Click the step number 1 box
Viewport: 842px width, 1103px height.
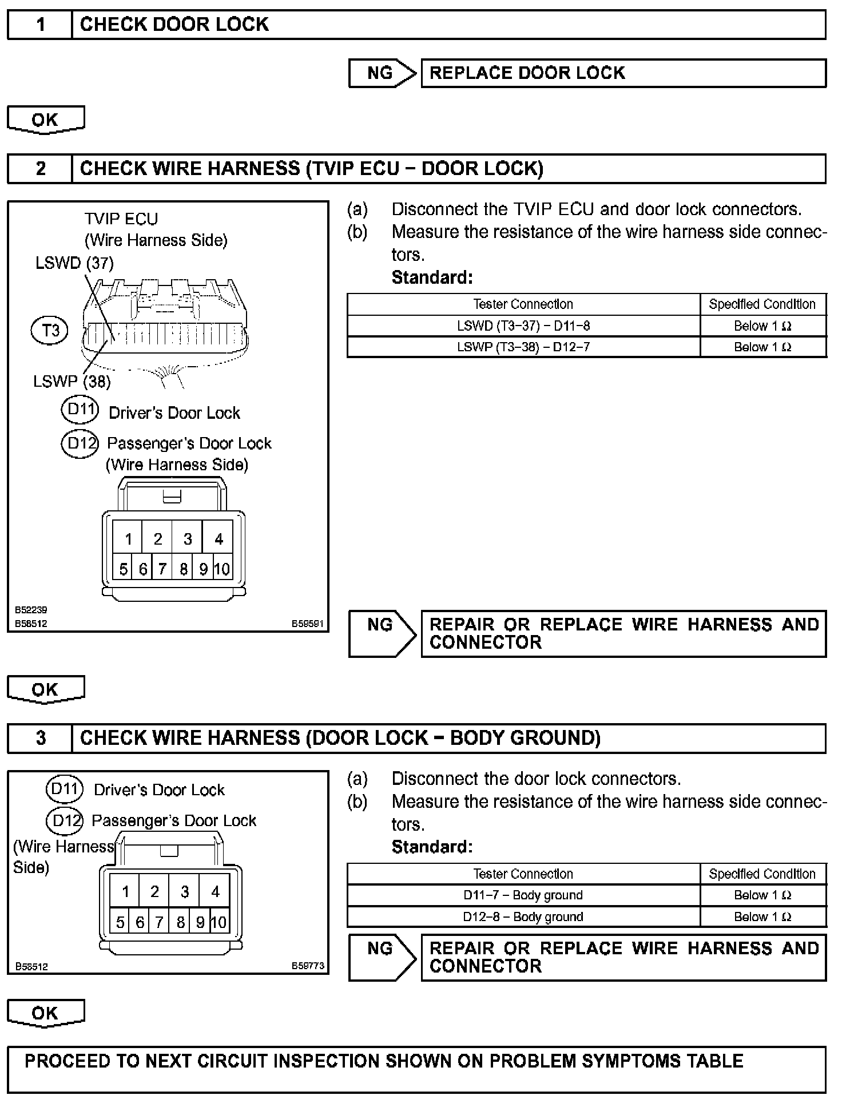coord(40,25)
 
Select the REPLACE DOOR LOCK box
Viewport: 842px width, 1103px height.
coord(623,73)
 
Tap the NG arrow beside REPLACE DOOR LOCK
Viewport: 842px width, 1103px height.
coord(382,73)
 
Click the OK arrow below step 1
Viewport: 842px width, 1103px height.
coord(45,120)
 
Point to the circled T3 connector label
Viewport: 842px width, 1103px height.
coord(50,330)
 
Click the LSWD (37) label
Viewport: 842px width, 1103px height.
coord(74,263)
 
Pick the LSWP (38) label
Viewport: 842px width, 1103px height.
coord(72,382)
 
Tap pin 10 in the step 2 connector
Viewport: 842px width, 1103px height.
coord(222,569)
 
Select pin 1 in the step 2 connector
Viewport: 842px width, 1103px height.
coord(128,539)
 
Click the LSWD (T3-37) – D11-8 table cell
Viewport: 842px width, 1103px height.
coord(523,326)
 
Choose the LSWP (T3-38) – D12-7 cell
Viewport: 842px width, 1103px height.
coord(523,347)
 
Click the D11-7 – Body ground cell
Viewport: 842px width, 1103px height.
coord(523,895)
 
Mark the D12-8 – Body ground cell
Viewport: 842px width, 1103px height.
coord(523,917)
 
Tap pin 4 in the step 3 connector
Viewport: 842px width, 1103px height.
coord(215,891)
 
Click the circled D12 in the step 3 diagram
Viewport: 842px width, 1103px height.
coord(65,821)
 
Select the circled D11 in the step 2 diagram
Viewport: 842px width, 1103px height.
coord(80,410)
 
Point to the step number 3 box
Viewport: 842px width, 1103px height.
coord(40,738)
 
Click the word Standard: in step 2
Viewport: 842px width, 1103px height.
coord(432,277)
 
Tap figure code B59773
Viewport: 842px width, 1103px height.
coord(308,966)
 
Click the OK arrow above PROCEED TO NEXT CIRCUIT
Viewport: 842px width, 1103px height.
coord(45,1013)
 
